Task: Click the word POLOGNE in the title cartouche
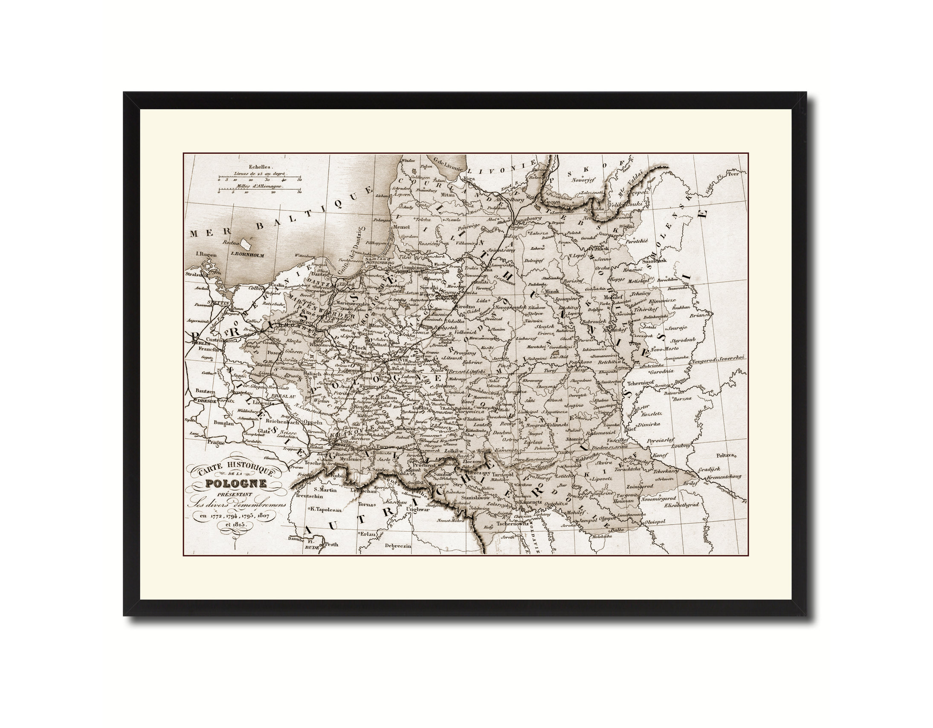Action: pos(236,483)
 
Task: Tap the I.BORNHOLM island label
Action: pos(247,255)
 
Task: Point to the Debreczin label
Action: pos(398,546)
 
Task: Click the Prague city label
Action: pos(216,442)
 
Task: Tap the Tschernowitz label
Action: pos(513,523)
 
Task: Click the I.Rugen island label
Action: pos(206,254)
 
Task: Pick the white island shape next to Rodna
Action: pos(246,244)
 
